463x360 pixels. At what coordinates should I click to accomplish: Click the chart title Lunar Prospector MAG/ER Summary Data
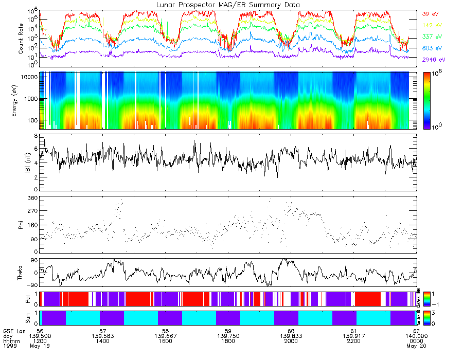228,5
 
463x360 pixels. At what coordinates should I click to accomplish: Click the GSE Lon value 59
228,331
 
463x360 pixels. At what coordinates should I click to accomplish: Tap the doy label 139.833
291,336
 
